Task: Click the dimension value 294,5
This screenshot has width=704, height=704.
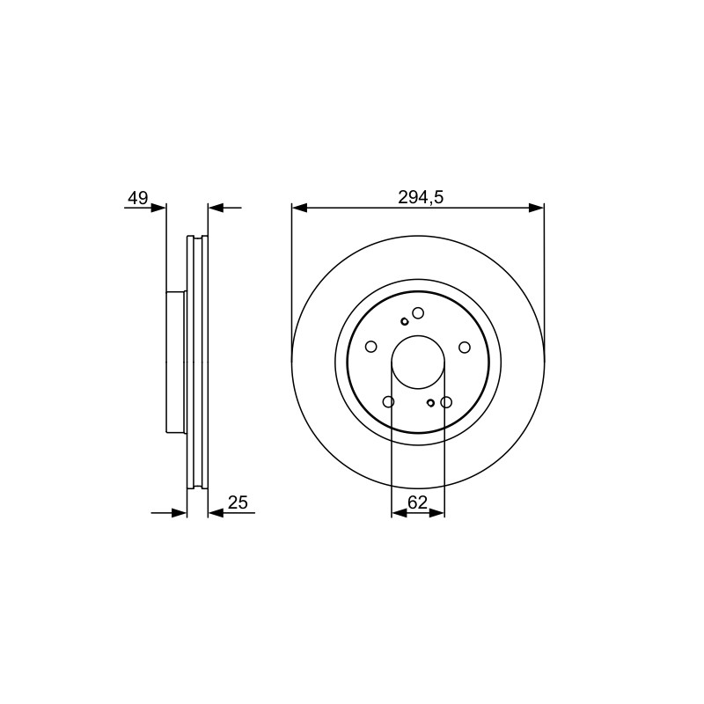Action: point(421,197)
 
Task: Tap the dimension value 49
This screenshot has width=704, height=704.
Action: point(138,197)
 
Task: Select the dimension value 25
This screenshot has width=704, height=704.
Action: point(238,502)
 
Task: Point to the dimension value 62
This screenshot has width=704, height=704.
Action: point(417,502)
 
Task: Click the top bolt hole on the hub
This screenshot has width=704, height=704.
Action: point(418,313)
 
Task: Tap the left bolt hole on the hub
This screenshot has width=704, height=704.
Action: point(370,347)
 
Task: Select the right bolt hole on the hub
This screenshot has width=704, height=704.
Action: point(465,347)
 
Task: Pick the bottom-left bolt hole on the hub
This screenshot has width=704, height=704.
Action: point(388,401)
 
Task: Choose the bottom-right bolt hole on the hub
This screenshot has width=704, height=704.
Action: point(446,402)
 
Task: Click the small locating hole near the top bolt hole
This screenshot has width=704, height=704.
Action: point(404,321)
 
